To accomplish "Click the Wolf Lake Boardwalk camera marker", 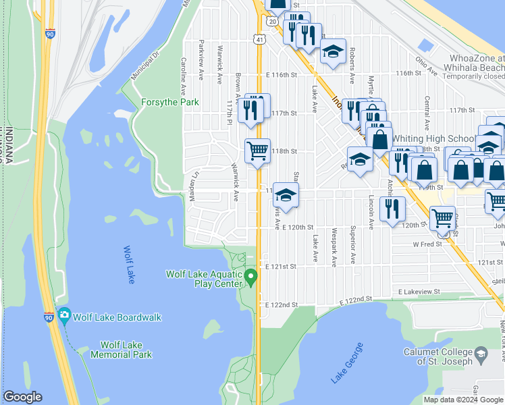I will point(64,315).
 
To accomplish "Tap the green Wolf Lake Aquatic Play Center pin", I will point(251,277).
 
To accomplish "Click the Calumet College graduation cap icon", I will point(481,354).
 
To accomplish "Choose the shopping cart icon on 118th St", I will point(257,150).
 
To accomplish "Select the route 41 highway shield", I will point(259,40).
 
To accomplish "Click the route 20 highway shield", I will point(271,22).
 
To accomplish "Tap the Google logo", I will point(22,397).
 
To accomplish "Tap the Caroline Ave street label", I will point(183,78).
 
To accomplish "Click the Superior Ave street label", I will point(352,248).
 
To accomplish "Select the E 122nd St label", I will point(282,305).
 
